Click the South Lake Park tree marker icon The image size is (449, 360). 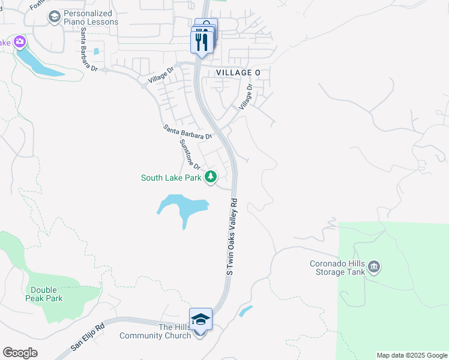coord(211,177)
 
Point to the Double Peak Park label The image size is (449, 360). coord(46,294)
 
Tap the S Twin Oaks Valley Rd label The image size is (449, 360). coord(232,238)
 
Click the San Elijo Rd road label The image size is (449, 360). coord(88,338)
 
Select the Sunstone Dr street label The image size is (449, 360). coord(188,155)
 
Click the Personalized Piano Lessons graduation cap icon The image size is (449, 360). coord(55,16)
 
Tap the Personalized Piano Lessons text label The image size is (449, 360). coord(91,17)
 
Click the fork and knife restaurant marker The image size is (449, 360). coord(201,41)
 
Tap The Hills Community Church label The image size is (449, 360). coord(155,331)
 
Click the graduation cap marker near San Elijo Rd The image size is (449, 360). coord(200,319)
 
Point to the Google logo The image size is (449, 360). coord(20,352)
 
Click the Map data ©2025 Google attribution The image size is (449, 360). coord(412,355)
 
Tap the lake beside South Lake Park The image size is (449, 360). coord(182,207)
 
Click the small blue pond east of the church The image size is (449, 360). coord(246,311)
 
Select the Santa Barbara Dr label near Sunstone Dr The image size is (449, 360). coord(187,132)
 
